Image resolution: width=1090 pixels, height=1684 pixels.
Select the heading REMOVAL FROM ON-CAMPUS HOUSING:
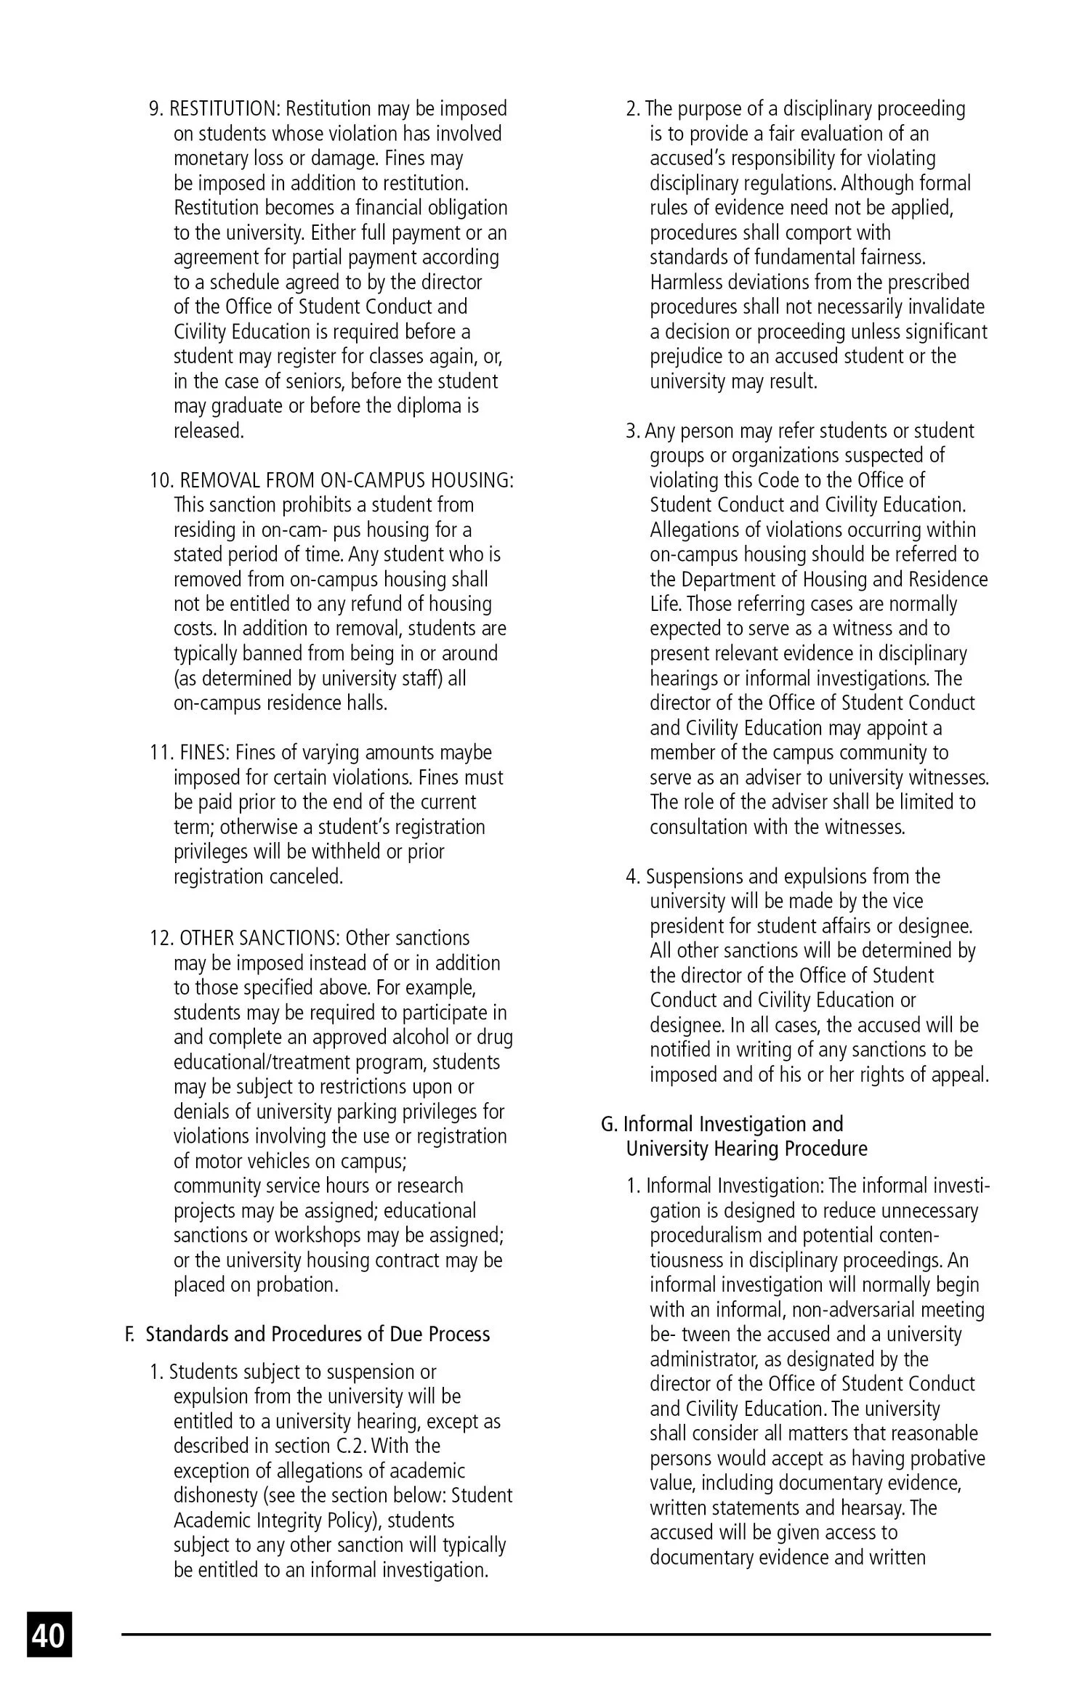tap(347, 480)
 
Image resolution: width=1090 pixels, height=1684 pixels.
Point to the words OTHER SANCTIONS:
tap(259, 938)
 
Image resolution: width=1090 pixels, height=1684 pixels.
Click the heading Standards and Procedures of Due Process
tap(318, 1335)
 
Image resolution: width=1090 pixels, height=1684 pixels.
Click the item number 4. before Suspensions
tap(633, 877)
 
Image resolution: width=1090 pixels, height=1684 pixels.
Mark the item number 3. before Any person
tap(633, 431)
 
